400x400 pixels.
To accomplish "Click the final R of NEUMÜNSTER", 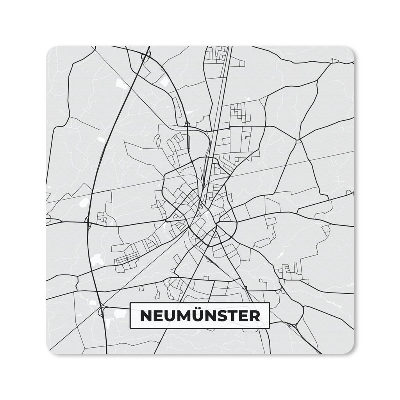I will click(x=254, y=316).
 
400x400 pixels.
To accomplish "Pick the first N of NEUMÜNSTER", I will click(x=146, y=316).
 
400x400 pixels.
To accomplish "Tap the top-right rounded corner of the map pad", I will click(x=350, y=50).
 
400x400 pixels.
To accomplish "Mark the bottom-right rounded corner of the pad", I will click(x=350, y=350).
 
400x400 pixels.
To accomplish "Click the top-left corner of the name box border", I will click(x=130, y=304).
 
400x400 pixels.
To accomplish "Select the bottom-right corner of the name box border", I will click(x=269, y=328).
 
